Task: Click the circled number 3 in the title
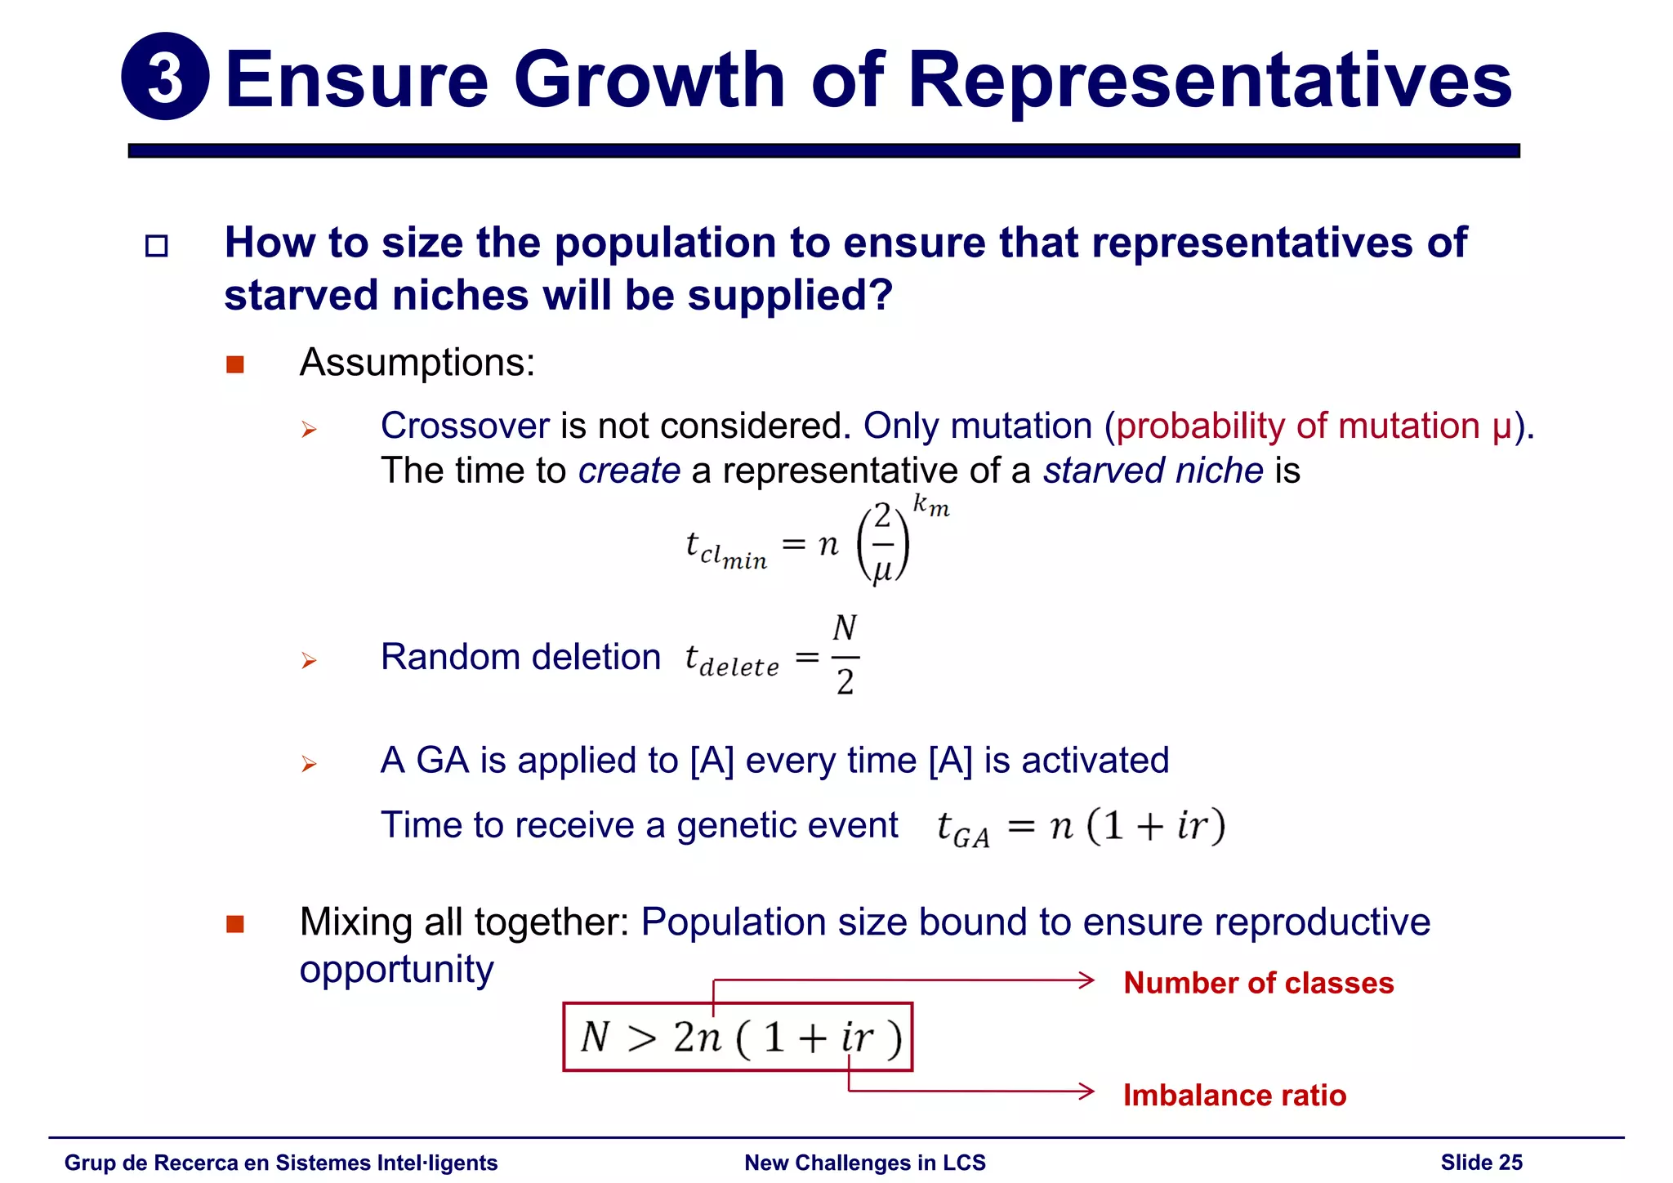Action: (165, 77)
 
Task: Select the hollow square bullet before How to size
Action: (156, 246)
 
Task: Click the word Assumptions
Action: (417, 362)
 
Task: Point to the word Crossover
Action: (465, 426)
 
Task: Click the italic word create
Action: (629, 471)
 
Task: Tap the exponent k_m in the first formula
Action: (930, 506)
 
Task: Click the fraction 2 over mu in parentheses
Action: (882, 543)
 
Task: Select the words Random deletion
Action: (520, 657)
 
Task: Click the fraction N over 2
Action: (845, 655)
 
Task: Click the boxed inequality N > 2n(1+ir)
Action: (738, 1037)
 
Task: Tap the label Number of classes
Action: (1258, 983)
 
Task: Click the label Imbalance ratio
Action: (1234, 1095)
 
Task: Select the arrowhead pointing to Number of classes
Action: (1086, 980)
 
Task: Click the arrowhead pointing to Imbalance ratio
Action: (1086, 1091)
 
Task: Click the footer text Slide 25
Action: (1481, 1162)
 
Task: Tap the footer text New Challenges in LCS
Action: (864, 1162)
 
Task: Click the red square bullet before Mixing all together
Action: (235, 924)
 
